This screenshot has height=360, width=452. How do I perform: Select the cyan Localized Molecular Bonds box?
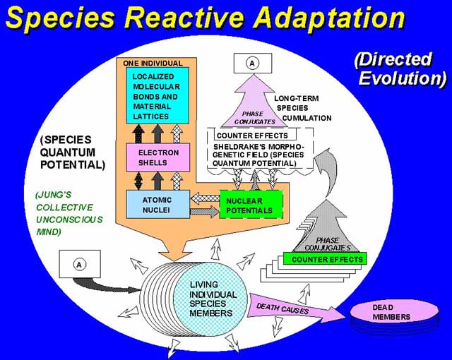pyautogui.click(x=157, y=95)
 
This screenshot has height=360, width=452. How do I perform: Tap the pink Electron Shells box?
pyautogui.click(x=157, y=157)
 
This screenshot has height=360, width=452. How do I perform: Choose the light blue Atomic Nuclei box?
pyautogui.click(x=157, y=204)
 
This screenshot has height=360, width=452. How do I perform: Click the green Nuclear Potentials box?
pyautogui.click(x=250, y=205)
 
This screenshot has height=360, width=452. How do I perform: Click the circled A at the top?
pyautogui.click(x=251, y=63)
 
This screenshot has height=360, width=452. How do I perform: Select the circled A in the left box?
pyautogui.click(x=79, y=264)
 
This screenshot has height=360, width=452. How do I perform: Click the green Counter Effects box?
pyautogui.click(x=326, y=259)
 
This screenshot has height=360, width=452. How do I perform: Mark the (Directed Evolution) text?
pyautogui.click(x=400, y=68)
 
